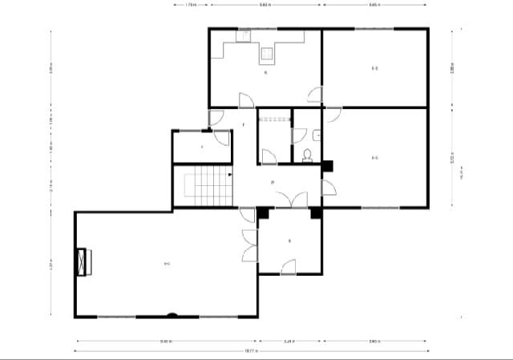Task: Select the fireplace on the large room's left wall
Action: click(83, 261)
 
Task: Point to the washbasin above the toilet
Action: click(318, 136)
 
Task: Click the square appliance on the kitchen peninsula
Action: click(267, 55)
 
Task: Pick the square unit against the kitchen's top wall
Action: click(244, 35)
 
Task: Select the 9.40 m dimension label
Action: click(165, 341)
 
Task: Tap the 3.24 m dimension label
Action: click(289, 341)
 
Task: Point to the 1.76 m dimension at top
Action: click(191, 5)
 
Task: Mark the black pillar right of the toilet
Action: click(327, 166)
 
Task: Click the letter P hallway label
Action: click(273, 183)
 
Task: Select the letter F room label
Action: click(243, 125)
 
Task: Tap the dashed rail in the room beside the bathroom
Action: click(273, 118)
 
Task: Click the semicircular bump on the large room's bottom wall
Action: click(171, 314)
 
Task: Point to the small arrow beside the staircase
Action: click(230, 173)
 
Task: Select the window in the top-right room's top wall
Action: click(374, 29)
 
